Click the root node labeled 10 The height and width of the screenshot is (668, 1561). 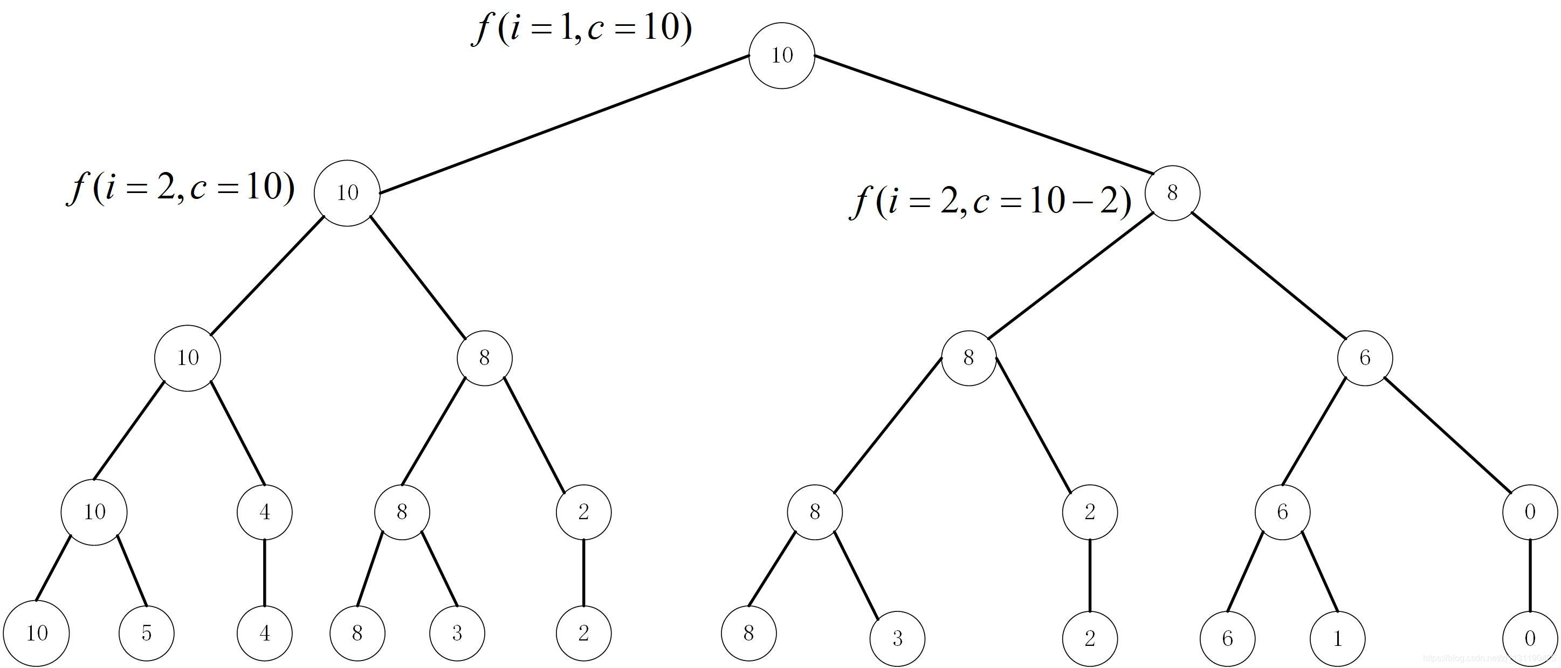coord(781,55)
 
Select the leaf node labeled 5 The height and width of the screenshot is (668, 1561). coord(146,633)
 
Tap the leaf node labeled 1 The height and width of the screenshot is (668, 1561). coord(1337,638)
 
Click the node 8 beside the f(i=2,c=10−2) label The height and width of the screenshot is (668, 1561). coord(1172,193)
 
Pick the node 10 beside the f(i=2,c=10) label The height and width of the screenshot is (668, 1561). coord(347,193)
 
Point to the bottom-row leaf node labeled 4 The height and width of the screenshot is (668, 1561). coord(264,633)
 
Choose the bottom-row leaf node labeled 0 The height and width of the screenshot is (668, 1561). coord(1530,638)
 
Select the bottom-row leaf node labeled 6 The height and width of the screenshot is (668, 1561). coord(1228,638)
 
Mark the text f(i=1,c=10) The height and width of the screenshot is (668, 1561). coord(582,29)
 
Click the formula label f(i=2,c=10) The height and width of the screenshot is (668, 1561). coord(181,189)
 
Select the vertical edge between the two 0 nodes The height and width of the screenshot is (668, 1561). coord(1530,575)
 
